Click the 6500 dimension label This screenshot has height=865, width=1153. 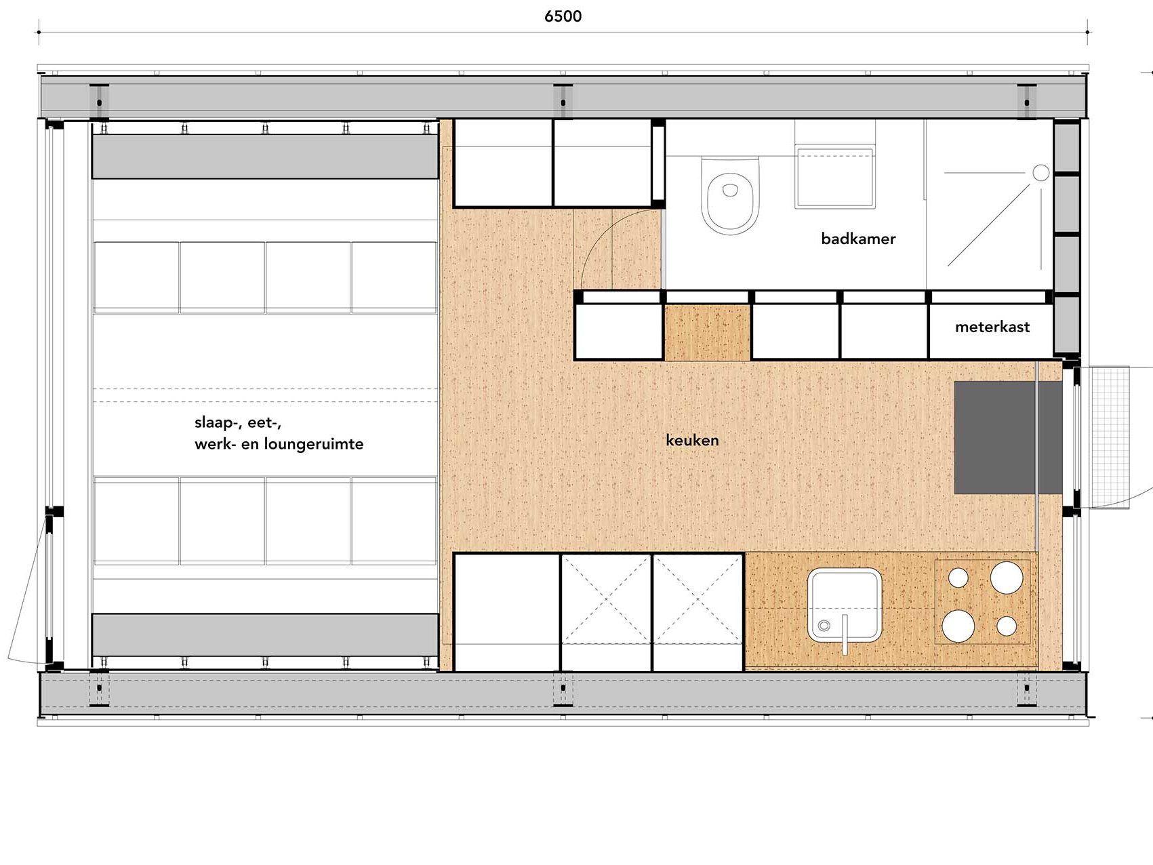(563, 16)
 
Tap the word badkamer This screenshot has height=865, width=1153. (858, 239)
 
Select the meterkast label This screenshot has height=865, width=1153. (992, 327)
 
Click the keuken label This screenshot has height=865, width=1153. (692, 440)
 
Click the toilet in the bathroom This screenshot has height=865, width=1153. (730, 195)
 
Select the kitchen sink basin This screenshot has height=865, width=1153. (845, 605)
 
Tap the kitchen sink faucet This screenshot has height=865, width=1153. (845, 635)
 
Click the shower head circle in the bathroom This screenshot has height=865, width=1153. (1041, 173)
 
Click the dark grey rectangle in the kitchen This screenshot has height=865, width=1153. (1008, 437)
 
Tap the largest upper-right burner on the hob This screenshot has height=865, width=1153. (1006, 577)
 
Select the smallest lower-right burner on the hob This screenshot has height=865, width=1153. (1007, 626)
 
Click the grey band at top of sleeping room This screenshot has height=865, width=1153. (265, 156)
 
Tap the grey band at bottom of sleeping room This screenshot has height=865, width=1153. (265, 635)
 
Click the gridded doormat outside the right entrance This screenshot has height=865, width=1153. (1105, 437)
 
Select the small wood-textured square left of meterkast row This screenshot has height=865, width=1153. (707, 332)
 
